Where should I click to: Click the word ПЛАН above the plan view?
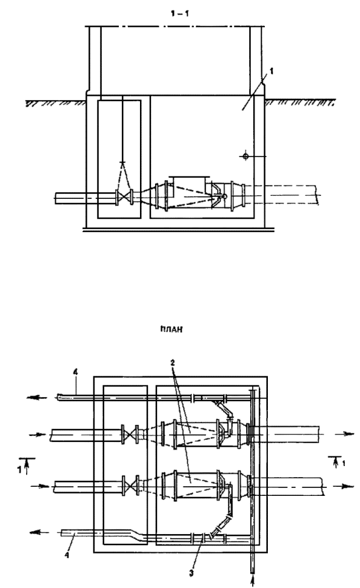click(171, 330)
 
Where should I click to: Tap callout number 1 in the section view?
click(272, 72)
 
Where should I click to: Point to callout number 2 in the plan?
click(172, 363)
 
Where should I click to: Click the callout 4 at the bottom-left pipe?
click(67, 555)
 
